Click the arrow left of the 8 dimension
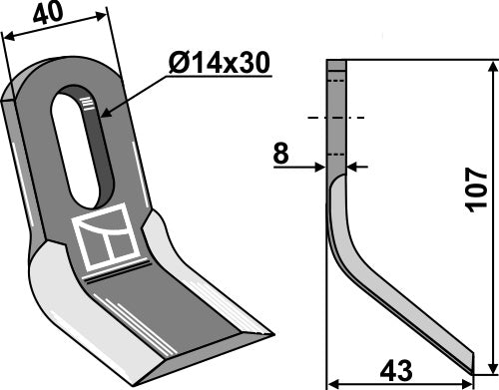pyautogui.click(x=320, y=166)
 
